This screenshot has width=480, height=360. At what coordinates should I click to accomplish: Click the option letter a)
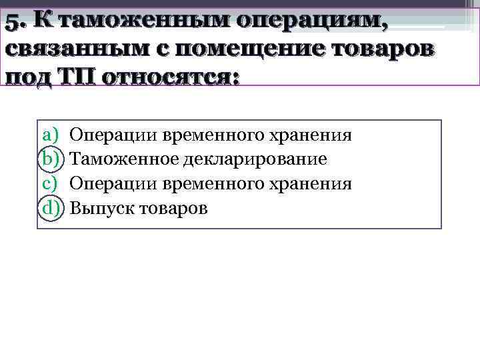(x=51, y=136)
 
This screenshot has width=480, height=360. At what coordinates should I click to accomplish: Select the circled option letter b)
(x=51, y=160)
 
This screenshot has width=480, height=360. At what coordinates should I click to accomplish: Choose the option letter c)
(x=51, y=184)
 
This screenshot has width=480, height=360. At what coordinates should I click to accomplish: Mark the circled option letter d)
(x=51, y=208)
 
